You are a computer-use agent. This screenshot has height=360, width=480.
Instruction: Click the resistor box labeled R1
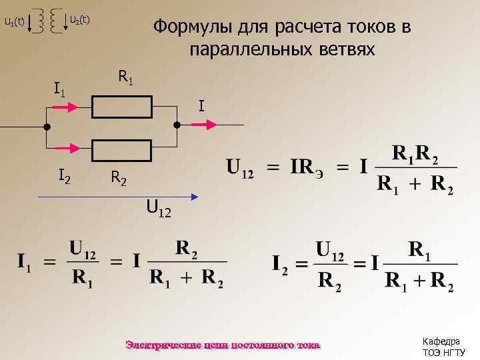point(123,106)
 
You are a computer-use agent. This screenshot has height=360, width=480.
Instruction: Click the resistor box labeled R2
point(123,151)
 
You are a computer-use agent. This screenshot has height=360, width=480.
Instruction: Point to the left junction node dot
point(47,127)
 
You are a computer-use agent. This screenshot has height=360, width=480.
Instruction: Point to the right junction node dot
point(177,125)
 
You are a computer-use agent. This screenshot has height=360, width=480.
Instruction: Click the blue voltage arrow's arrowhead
point(195,197)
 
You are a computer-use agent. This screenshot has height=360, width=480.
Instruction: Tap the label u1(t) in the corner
point(14,22)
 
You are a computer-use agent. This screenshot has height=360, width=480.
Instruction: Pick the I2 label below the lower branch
point(65,176)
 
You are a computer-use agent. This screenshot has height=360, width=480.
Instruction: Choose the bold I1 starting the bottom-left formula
point(24,262)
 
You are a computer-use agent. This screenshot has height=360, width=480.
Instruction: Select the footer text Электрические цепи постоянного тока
point(223,345)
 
